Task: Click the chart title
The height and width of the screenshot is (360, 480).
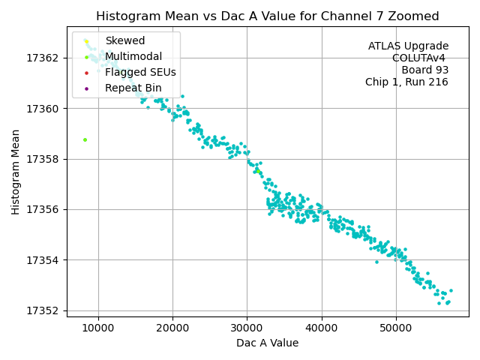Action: pos(267,16)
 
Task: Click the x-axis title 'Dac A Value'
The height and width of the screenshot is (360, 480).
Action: pos(267,343)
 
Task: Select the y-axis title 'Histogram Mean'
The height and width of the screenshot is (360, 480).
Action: pos(16,171)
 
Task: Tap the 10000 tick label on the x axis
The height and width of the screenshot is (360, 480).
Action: pos(98,327)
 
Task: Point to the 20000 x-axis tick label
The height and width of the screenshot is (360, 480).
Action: pos(172,327)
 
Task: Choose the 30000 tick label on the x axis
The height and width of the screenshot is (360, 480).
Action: pos(247,327)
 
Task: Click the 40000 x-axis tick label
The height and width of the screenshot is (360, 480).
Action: pos(322,327)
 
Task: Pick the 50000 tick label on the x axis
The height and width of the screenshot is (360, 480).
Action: pos(396,327)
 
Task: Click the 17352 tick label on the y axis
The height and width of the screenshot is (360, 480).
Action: pos(42,310)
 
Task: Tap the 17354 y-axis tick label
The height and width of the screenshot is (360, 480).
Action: pos(42,260)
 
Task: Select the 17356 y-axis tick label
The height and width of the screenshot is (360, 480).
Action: pos(42,209)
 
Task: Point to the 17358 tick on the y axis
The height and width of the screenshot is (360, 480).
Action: pos(42,159)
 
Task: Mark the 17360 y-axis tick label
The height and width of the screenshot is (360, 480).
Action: pos(42,109)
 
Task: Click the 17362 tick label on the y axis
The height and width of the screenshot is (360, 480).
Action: pos(42,58)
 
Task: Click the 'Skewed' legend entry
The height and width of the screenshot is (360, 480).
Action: pos(124,41)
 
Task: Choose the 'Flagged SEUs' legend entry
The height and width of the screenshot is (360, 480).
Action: pos(140,73)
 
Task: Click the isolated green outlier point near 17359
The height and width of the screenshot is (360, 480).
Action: pos(85,139)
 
